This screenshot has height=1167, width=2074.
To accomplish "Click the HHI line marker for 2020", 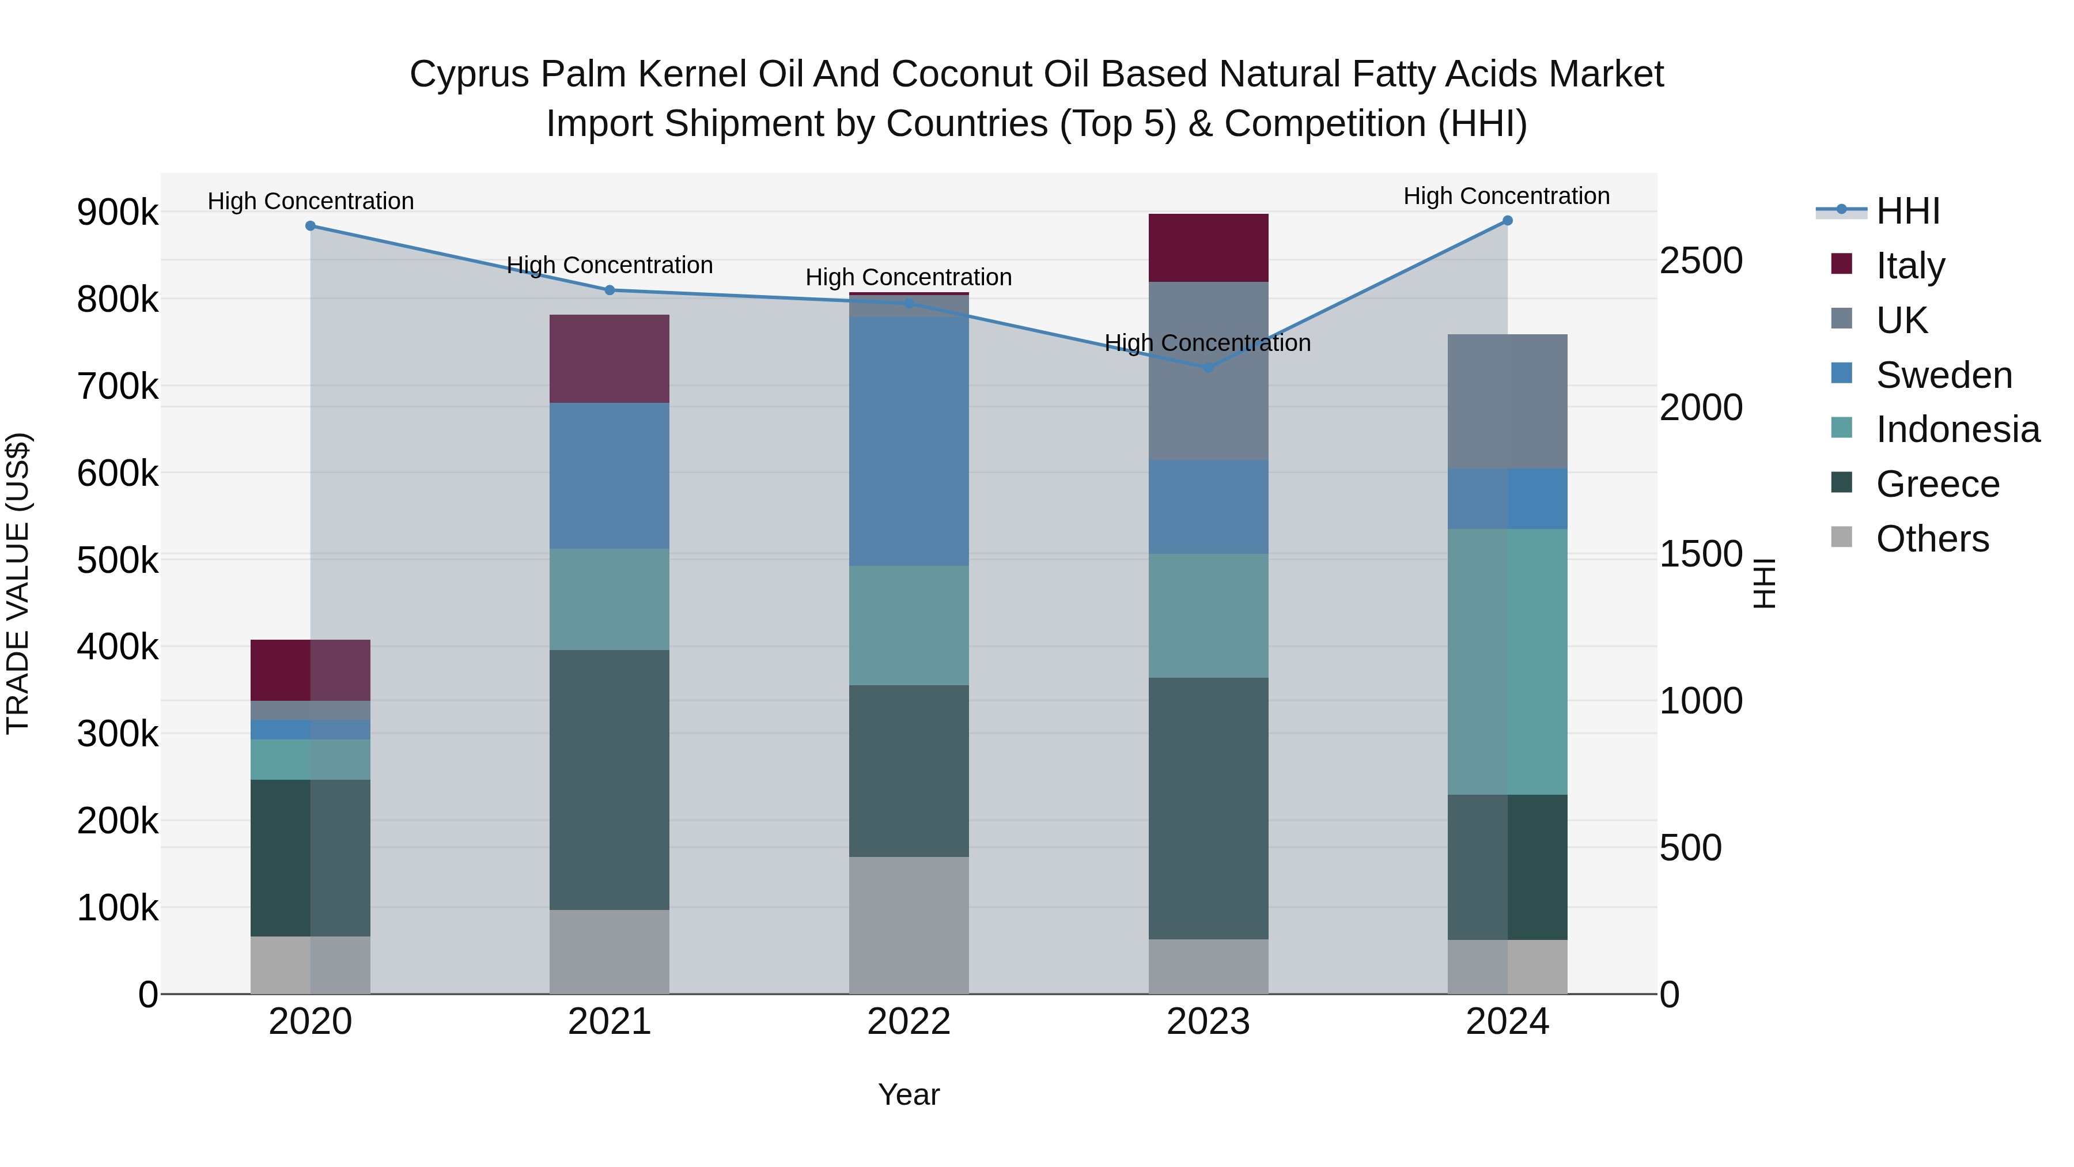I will pyautogui.click(x=310, y=226).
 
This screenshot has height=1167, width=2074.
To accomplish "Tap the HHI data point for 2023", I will pyautogui.click(x=1208, y=368).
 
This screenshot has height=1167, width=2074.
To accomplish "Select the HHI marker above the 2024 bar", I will pyautogui.click(x=1507, y=221).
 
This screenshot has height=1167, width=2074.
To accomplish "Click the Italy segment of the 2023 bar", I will pyautogui.click(x=1208, y=248).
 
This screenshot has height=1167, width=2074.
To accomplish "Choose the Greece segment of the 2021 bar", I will pyautogui.click(x=610, y=780).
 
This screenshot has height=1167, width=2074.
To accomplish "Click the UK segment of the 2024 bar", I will pyautogui.click(x=1507, y=401).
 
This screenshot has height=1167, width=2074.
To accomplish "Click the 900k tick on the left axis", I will pyautogui.click(x=118, y=213).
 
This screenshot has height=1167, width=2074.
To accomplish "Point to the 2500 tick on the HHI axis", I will pyautogui.click(x=1701, y=261).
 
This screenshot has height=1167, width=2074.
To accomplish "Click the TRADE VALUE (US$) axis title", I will pyautogui.click(x=18, y=583).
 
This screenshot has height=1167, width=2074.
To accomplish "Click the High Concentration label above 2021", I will pyautogui.click(x=610, y=265).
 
